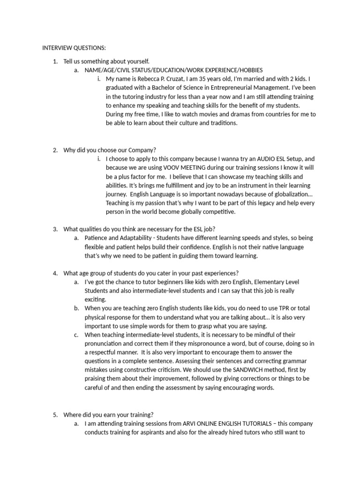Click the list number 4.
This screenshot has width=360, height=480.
coord(55,273)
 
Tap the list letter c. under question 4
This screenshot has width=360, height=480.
coord(76,335)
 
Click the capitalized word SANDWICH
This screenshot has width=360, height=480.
coord(246,370)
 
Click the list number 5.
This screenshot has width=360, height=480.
coord(55,415)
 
